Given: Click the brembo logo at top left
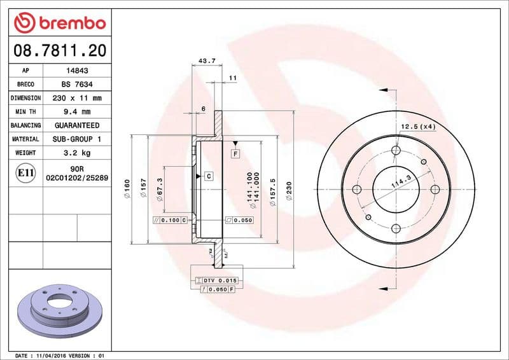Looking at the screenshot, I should click(59, 23).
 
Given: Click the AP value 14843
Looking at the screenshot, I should click(78, 71).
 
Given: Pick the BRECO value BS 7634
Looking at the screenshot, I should click(78, 85).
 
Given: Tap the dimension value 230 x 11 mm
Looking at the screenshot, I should click(78, 99).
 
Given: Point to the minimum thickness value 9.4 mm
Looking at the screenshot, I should click(78, 112).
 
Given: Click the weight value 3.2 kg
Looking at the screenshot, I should click(78, 153).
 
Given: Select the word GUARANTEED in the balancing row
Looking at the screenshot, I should click(78, 125).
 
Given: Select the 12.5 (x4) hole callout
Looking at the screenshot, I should click(418, 127).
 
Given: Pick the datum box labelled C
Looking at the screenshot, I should click(208, 175).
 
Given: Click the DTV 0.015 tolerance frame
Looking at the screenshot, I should click(217, 280).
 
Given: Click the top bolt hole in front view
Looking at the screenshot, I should click(396, 150).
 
